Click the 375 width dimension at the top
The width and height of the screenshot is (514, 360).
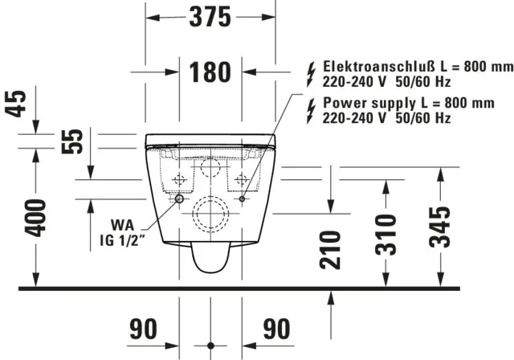(x=210, y=17)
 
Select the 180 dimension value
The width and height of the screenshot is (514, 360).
(x=210, y=72)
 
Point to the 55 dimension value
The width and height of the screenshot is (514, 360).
(x=73, y=141)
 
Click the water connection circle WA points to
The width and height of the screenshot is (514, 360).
(x=179, y=198)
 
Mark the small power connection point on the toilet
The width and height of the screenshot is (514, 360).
(x=242, y=198)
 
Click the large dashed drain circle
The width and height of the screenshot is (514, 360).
(x=210, y=212)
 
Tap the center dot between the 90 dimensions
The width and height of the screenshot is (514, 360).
(x=210, y=330)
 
